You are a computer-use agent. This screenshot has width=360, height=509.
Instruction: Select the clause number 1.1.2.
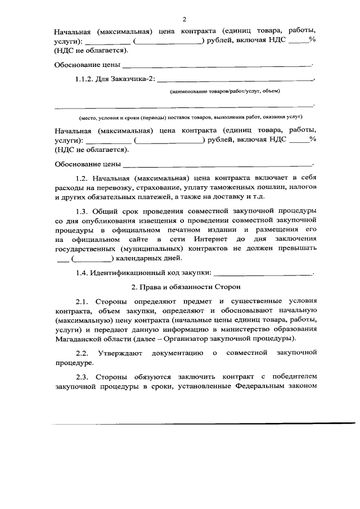(85, 79)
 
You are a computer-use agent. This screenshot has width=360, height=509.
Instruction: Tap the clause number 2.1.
(82, 301)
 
